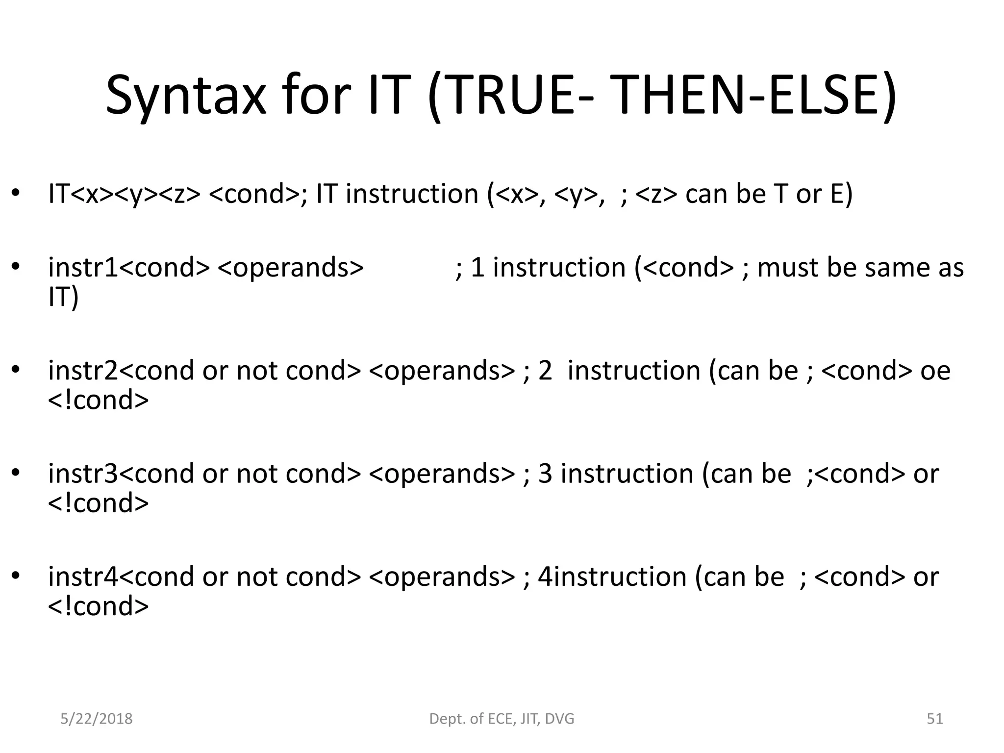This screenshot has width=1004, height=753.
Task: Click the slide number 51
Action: tap(935, 719)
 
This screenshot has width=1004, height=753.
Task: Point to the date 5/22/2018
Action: tap(96, 719)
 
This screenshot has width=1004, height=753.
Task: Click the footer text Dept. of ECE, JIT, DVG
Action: tap(502, 719)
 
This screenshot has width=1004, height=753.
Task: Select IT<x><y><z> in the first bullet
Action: tap(124, 194)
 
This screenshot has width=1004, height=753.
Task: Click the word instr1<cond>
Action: tap(128, 268)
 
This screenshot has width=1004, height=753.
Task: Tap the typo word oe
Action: tap(935, 371)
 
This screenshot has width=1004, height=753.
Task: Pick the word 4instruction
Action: tap(612, 577)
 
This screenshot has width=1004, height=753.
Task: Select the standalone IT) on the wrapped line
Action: tap(63, 297)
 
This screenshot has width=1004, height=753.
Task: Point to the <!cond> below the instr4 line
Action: tap(98, 606)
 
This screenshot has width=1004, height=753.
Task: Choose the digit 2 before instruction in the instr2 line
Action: tap(545, 371)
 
